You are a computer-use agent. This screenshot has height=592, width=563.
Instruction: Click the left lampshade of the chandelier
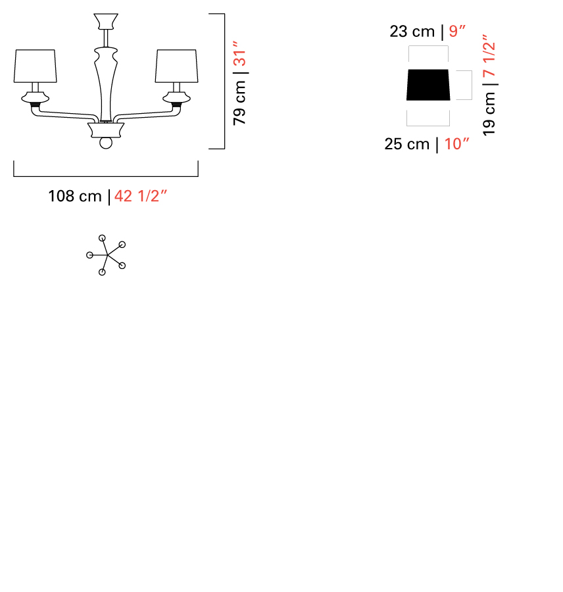pos(35,66)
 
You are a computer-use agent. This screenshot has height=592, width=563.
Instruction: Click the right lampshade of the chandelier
pos(177,66)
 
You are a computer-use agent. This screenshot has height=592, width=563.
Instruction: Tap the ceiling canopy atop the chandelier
pos(106,22)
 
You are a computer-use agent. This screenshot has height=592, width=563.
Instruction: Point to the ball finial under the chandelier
pos(106,143)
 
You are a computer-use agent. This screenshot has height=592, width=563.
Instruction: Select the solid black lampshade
pos(428,85)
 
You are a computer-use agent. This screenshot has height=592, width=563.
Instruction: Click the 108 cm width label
pos(75,196)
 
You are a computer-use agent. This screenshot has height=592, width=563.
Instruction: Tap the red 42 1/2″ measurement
pos(141,196)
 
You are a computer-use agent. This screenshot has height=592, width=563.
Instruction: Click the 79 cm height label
pos(239,103)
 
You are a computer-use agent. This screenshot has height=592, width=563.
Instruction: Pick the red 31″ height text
pos(239,53)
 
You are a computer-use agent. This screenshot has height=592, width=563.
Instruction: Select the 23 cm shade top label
pos(412,32)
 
